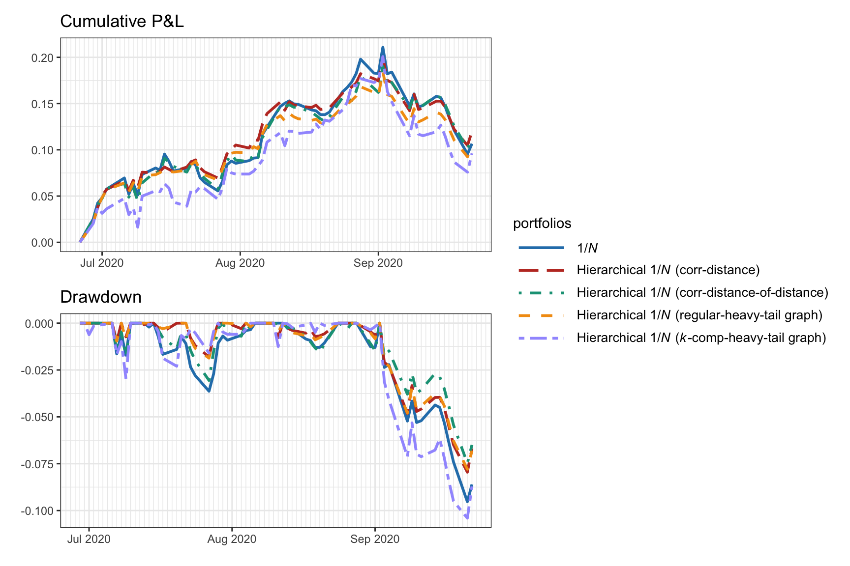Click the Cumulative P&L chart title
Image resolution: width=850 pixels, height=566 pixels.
pyautogui.click(x=121, y=22)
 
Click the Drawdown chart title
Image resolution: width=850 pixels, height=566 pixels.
pyautogui.click(x=100, y=297)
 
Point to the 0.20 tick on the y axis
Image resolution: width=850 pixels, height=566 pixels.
pyautogui.click(x=42, y=58)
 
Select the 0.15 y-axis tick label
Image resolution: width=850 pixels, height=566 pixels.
pyautogui.click(x=42, y=104)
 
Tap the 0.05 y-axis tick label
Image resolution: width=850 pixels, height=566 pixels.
pyautogui.click(x=42, y=197)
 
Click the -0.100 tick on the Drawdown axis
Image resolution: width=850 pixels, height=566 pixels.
pyautogui.click(x=37, y=511)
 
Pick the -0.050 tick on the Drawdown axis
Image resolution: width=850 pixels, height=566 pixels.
pyautogui.click(x=37, y=417)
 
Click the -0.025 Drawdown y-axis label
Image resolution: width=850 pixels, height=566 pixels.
pyautogui.click(x=37, y=370)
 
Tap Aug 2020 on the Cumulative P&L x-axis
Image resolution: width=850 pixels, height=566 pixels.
pyautogui.click(x=240, y=263)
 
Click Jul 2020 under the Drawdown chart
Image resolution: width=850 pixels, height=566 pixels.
pyautogui.click(x=89, y=539)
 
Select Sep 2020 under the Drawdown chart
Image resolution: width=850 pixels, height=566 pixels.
pyautogui.click(x=375, y=539)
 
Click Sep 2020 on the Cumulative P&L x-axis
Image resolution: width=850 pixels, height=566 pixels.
pyautogui.click(x=378, y=263)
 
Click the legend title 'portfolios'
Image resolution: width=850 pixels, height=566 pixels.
pyautogui.click(x=542, y=224)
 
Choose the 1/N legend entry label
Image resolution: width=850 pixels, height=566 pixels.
pyautogui.click(x=587, y=248)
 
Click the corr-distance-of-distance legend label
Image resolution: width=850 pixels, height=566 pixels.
pyautogui.click(x=702, y=293)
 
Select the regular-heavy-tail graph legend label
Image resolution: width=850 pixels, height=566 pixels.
pyautogui.click(x=699, y=315)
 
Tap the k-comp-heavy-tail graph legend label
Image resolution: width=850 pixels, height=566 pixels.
pyautogui.click(x=701, y=338)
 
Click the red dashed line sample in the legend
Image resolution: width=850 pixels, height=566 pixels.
pyautogui.click(x=542, y=270)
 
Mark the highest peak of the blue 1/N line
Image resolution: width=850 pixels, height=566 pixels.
pyautogui.click(x=383, y=48)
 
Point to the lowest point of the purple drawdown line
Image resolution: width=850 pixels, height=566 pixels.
pyautogui.click(x=467, y=518)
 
